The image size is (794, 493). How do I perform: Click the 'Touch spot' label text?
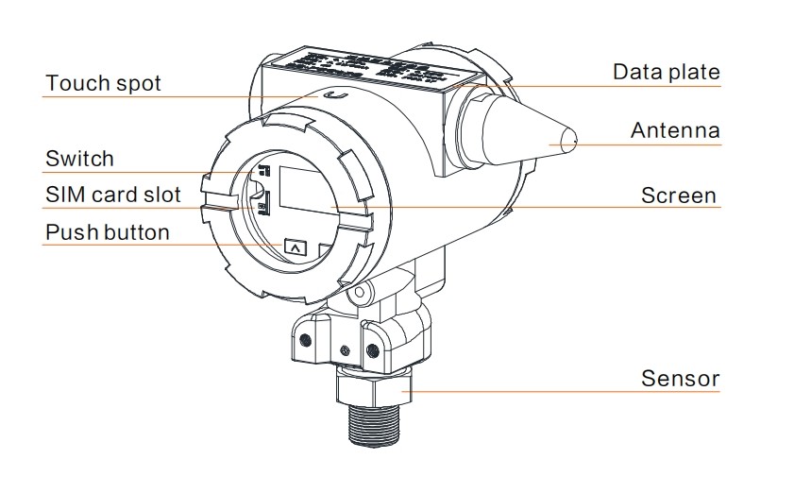pos(104,83)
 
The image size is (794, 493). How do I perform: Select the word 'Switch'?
pos(79,159)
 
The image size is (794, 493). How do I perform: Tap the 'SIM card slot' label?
pos(112,195)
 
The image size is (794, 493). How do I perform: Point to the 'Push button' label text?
pos(108,232)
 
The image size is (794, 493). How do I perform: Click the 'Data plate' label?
pos(667,72)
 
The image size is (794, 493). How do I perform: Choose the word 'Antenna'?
pos(675,130)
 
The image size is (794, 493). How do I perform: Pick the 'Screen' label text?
pos(679,195)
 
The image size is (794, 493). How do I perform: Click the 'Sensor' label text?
pos(680,380)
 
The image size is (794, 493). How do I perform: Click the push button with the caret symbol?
pos(296,248)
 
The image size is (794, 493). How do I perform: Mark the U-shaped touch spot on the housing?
pos(331,94)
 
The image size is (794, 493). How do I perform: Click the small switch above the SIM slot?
pos(265,171)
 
